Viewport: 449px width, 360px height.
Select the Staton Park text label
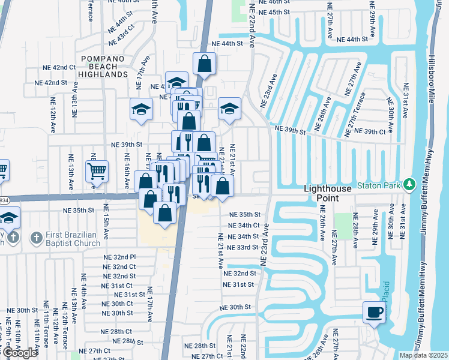378,185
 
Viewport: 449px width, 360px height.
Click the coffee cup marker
375,312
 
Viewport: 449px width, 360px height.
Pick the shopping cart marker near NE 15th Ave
96,172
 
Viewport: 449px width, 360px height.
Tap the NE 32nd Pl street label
120,257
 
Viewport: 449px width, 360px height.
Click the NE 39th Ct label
370,131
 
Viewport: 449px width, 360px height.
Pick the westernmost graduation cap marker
141,110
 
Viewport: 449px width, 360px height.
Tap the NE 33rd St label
244,247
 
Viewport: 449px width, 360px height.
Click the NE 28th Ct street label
116,331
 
